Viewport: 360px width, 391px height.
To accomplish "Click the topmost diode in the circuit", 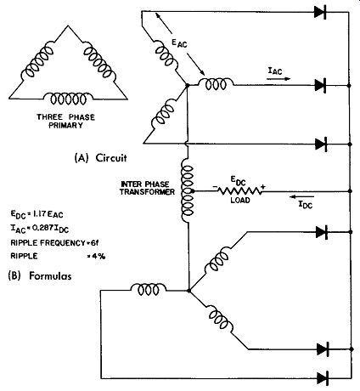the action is [320, 12].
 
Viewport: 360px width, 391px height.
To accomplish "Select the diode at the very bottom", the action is [323, 378].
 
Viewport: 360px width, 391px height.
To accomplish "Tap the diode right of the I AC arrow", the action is [320, 85].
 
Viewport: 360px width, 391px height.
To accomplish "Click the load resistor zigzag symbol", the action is [239, 191].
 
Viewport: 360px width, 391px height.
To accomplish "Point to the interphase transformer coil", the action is [188, 191].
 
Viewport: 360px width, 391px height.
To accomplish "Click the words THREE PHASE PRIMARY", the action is [65, 121].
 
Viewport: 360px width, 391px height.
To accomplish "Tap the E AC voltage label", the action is [179, 42].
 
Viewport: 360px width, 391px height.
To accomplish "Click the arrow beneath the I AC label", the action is [278, 79].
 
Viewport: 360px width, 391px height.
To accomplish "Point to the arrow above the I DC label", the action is [302, 196].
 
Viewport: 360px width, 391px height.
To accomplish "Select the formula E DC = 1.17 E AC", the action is [37, 214].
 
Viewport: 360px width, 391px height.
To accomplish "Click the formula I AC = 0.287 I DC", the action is [39, 229].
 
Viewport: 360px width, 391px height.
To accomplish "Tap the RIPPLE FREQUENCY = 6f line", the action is [54, 243].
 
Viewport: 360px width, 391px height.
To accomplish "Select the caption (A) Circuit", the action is [100, 158].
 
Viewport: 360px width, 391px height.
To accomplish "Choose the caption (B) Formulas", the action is [40, 276].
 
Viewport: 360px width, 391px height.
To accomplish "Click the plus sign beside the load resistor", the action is [263, 187].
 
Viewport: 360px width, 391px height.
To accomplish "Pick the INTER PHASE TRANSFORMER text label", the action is [147, 188].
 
